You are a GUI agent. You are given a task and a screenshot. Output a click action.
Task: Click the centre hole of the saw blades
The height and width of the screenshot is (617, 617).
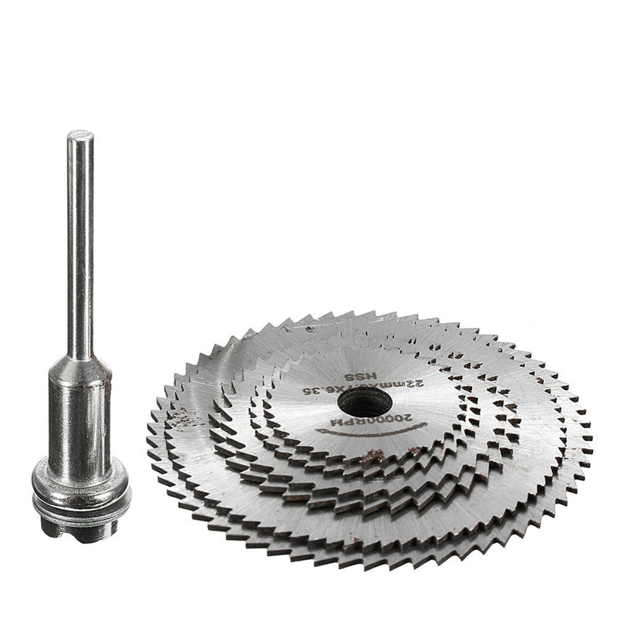point(364,401)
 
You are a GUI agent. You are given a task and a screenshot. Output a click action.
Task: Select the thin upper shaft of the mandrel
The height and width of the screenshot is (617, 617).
point(79,247)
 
